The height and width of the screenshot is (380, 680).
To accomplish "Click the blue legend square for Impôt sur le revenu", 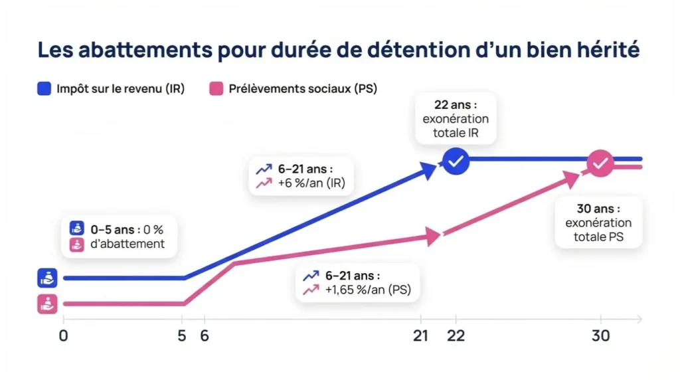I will tap(44, 88).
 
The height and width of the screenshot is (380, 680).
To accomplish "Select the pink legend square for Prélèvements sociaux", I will tap(216, 88).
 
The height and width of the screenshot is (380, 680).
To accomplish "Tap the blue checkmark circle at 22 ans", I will tap(456, 161).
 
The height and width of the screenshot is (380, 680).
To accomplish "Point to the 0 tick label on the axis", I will tap(63, 336).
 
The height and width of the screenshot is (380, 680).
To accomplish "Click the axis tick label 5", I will tap(182, 336).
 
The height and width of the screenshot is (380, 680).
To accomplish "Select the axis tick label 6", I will tap(205, 336).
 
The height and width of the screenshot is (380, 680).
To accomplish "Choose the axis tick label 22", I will tap(456, 336).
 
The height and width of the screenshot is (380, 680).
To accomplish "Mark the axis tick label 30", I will tap(601, 336).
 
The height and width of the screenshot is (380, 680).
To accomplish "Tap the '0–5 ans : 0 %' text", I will tap(126, 230).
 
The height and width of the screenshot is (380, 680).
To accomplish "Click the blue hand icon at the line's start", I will tap(47, 278).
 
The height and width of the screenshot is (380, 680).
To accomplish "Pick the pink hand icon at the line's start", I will tap(47, 304).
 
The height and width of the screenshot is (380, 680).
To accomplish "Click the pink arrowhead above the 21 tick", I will tap(434, 236).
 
